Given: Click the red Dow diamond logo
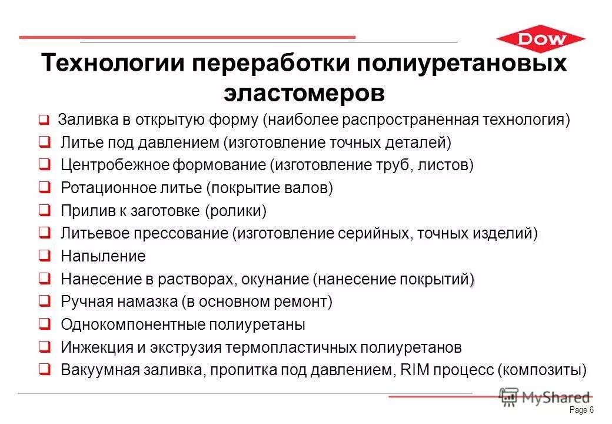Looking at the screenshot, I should point(540,40).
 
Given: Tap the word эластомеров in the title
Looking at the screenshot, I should point(304,92).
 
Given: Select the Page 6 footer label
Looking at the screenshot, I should point(582,410).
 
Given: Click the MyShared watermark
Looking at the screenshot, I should point(544,397).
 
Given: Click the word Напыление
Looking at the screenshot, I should point(103,256).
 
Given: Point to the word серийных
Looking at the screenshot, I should point(375,233).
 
